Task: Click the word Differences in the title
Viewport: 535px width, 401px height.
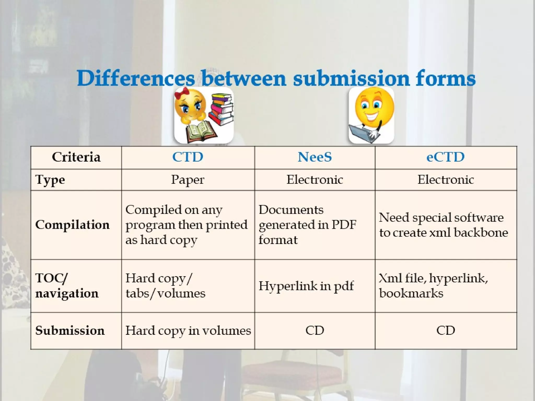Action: click(x=136, y=78)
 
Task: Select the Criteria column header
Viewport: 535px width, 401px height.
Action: click(x=76, y=157)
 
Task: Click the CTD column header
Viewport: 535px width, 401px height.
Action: click(x=188, y=157)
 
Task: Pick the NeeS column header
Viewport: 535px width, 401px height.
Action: click(x=315, y=157)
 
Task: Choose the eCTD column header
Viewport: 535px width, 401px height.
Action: click(x=445, y=157)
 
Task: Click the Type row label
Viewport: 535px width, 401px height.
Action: click(x=50, y=180)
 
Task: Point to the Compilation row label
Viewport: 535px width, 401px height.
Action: click(x=72, y=225)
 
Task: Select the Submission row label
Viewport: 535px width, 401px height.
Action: click(x=70, y=331)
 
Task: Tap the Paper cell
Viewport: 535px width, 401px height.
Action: click(x=188, y=180)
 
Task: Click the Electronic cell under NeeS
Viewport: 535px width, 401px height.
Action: click(x=315, y=180)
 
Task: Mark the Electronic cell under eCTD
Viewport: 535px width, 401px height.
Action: click(x=445, y=180)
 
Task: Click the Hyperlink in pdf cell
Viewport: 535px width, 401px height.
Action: click(x=306, y=286)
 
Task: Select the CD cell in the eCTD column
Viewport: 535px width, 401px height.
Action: click(x=445, y=331)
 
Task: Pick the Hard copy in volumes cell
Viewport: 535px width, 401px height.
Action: click(x=188, y=331)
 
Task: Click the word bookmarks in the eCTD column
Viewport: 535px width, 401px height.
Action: click(x=411, y=293)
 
